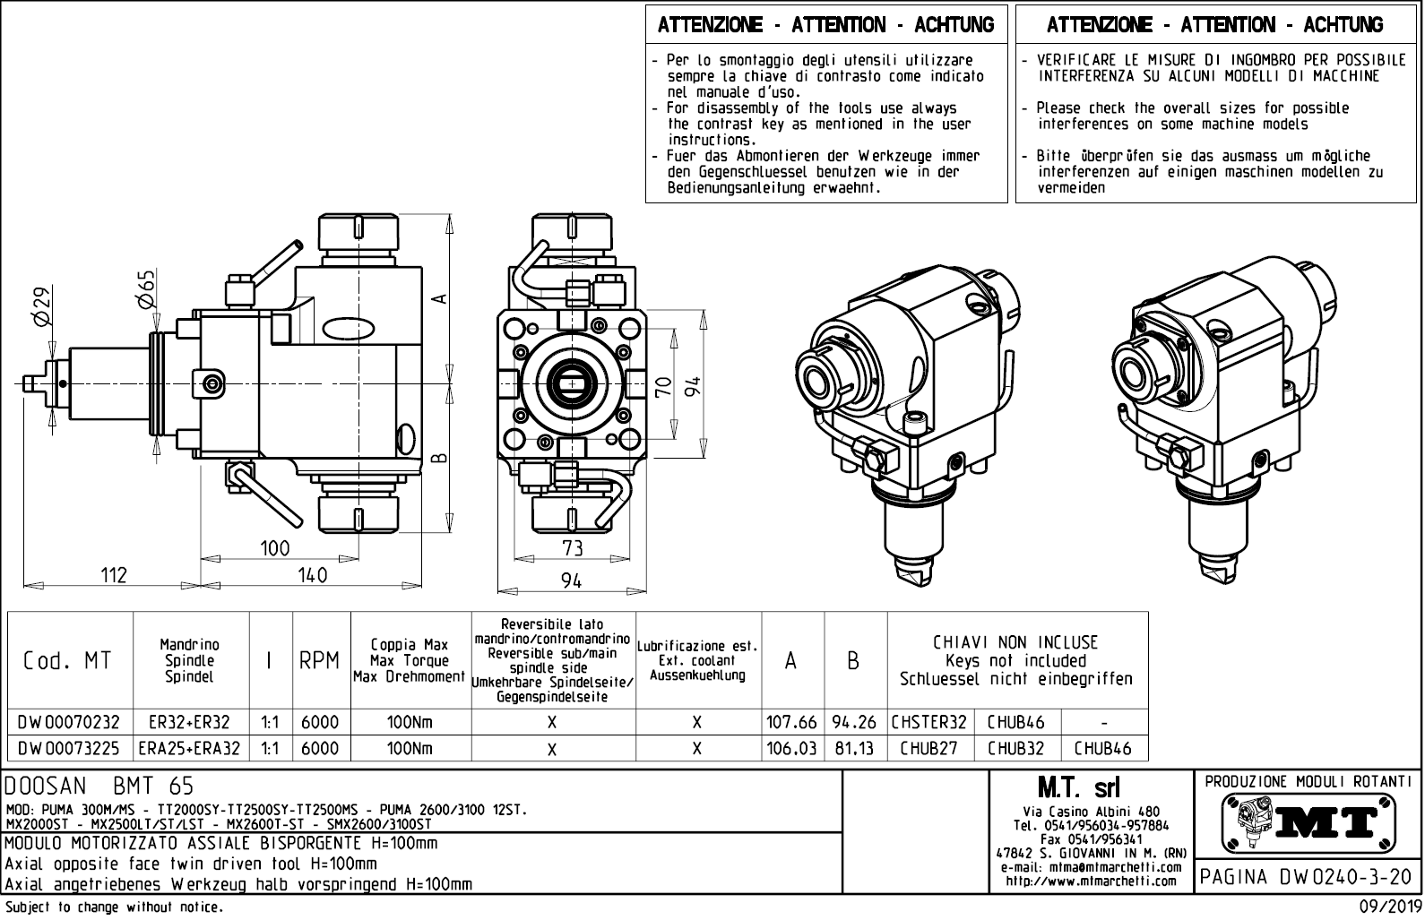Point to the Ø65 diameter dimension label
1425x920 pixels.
(x=146, y=288)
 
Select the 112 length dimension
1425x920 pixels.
(x=114, y=575)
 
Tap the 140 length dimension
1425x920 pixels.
(x=312, y=575)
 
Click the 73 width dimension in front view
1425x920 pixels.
(x=572, y=547)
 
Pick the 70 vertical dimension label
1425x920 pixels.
(x=663, y=386)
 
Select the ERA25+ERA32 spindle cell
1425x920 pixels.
(x=190, y=748)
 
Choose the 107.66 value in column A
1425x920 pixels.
(x=791, y=722)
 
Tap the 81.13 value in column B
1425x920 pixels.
(x=854, y=748)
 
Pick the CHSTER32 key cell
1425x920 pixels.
(x=929, y=722)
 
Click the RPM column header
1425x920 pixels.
(x=320, y=661)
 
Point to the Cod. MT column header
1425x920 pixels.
(x=68, y=661)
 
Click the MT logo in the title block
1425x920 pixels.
(x=1308, y=822)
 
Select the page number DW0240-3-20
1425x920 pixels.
(x=1308, y=876)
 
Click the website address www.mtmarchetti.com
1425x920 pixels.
(x=1091, y=881)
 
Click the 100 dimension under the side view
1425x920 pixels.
(x=274, y=548)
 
